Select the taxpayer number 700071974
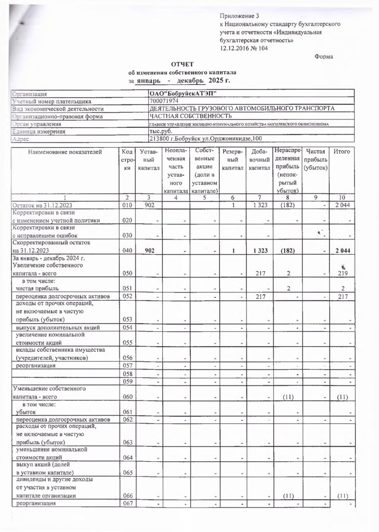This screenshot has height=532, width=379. coord(164,101)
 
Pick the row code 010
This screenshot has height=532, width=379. coord(126,206)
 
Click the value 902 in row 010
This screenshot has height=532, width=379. coord(148,206)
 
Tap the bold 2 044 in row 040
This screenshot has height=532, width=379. coord(343,251)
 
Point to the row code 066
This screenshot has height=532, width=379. coord(126,496)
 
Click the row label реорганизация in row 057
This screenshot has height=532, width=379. coord(36,366)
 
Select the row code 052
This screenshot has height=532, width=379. coord(126,296)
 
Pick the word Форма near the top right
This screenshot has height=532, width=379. coord(324,57)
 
